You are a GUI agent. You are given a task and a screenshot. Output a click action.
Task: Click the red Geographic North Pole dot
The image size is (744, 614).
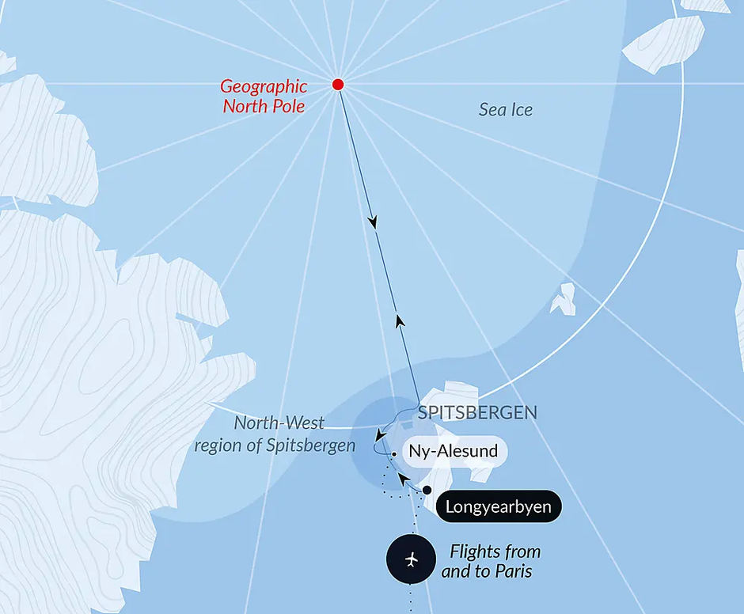click(x=338, y=85)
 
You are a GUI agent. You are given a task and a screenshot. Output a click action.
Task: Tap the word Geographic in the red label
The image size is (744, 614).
click(x=263, y=87)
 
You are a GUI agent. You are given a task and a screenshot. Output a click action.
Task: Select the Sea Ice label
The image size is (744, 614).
click(x=505, y=110)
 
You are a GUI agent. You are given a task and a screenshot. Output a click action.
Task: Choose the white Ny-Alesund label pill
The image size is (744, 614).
click(x=453, y=452)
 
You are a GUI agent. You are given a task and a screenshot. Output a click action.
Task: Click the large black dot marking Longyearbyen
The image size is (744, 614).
click(x=427, y=491)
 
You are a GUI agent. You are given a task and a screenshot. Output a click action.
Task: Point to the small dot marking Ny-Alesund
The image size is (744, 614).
click(x=393, y=454)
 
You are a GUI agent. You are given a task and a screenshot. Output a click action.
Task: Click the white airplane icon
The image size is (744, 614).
click(x=410, y=560)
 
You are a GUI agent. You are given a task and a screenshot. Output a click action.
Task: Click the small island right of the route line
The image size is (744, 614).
click(x=564, y=298)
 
